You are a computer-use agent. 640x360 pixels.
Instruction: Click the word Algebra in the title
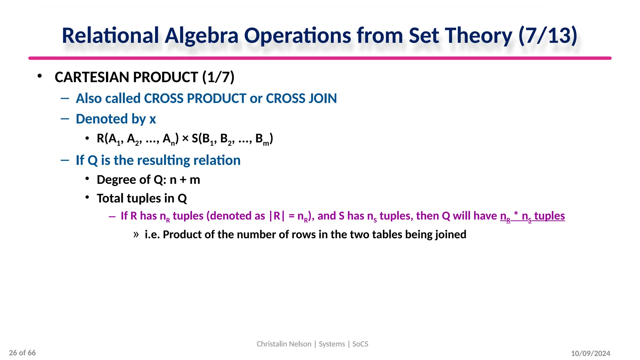tap(202, 36)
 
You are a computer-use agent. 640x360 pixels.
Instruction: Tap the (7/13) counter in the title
tap(547, 36)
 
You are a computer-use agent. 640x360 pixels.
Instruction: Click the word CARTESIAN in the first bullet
tap(90, 77)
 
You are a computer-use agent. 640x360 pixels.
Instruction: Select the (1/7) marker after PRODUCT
tap(218, 77)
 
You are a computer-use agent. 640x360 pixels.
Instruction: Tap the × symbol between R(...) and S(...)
tap(185, 138)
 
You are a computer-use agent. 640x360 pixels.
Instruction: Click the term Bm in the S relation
tap(262, 139)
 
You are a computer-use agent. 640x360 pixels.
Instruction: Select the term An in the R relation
tap(169, 139)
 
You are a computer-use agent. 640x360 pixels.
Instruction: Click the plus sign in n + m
tap(183, 180)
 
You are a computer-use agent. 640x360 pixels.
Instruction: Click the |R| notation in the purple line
tap(277, 216)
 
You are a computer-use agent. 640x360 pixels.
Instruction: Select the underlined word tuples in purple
tap(549, 216)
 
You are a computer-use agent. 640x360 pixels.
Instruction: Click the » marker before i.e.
tap(136, 234)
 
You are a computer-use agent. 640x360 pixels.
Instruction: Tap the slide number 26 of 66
tap(22, 353)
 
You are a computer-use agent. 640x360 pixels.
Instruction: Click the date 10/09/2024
tap(590, 353)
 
